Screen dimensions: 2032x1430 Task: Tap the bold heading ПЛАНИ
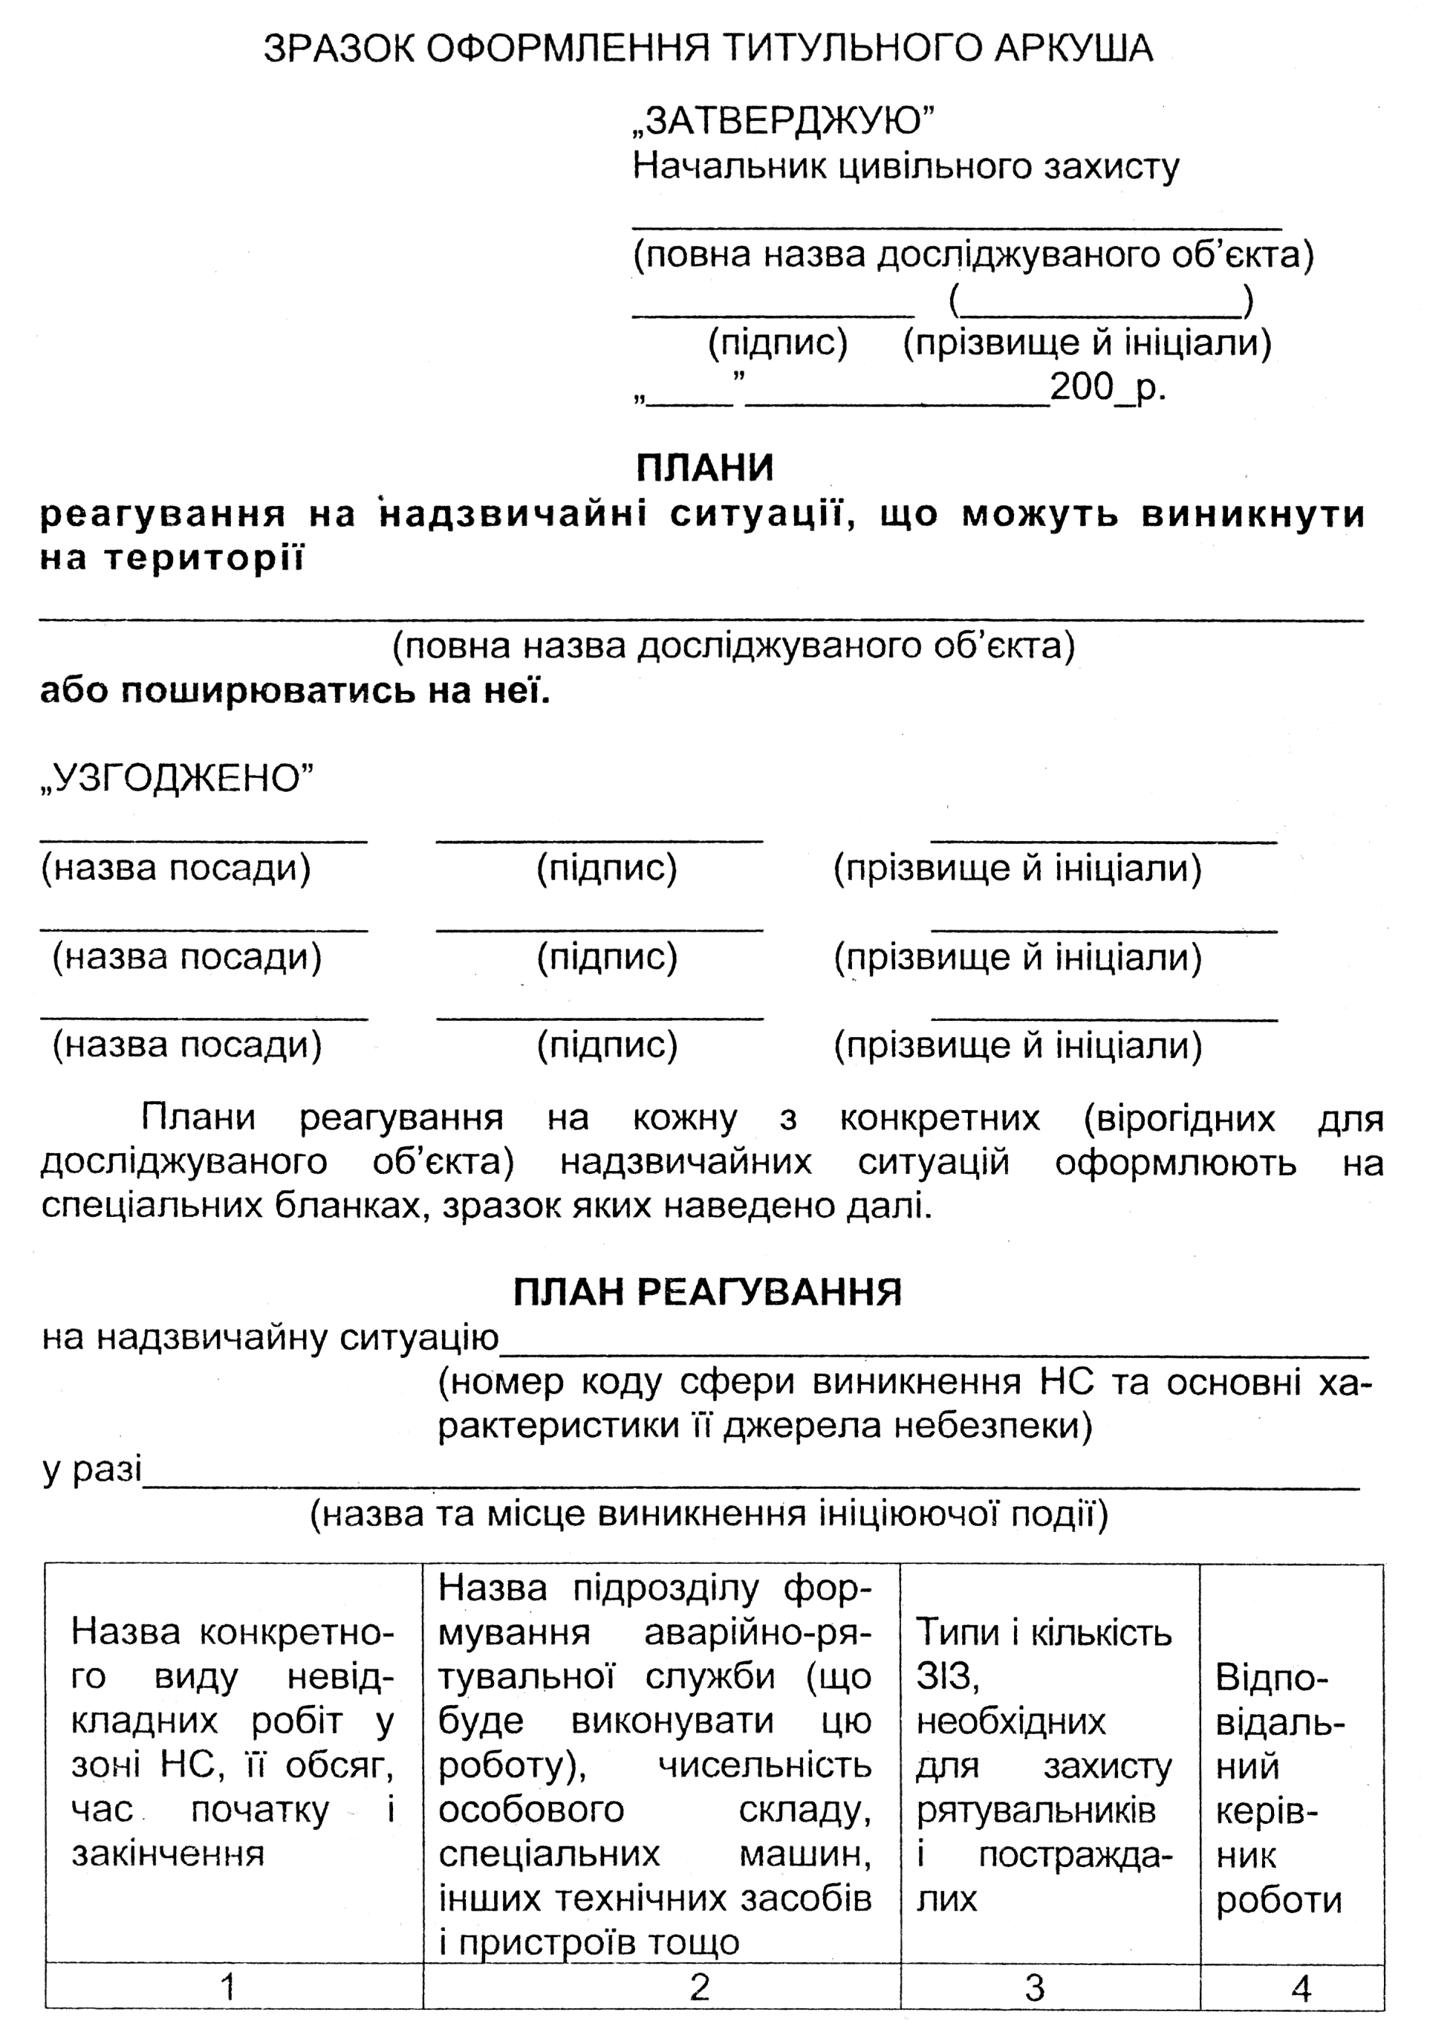pyautogui.click(x=704, y=468)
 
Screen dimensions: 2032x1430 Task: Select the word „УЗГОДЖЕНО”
pyautogui.click(x=177, y=779)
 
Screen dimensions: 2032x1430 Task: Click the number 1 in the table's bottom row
pyautogui.click(x=228, y=1987)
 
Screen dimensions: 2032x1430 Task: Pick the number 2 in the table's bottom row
pyautogui.click(x=699, y=1987)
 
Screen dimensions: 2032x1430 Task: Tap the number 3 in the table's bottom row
pyautogui.click(x=1035, y=1987)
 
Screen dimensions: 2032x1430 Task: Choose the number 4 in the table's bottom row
pyautogui.click(x=1300, y=1987)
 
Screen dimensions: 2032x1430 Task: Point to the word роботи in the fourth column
pyautogui.click(x=1278, y=1900)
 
